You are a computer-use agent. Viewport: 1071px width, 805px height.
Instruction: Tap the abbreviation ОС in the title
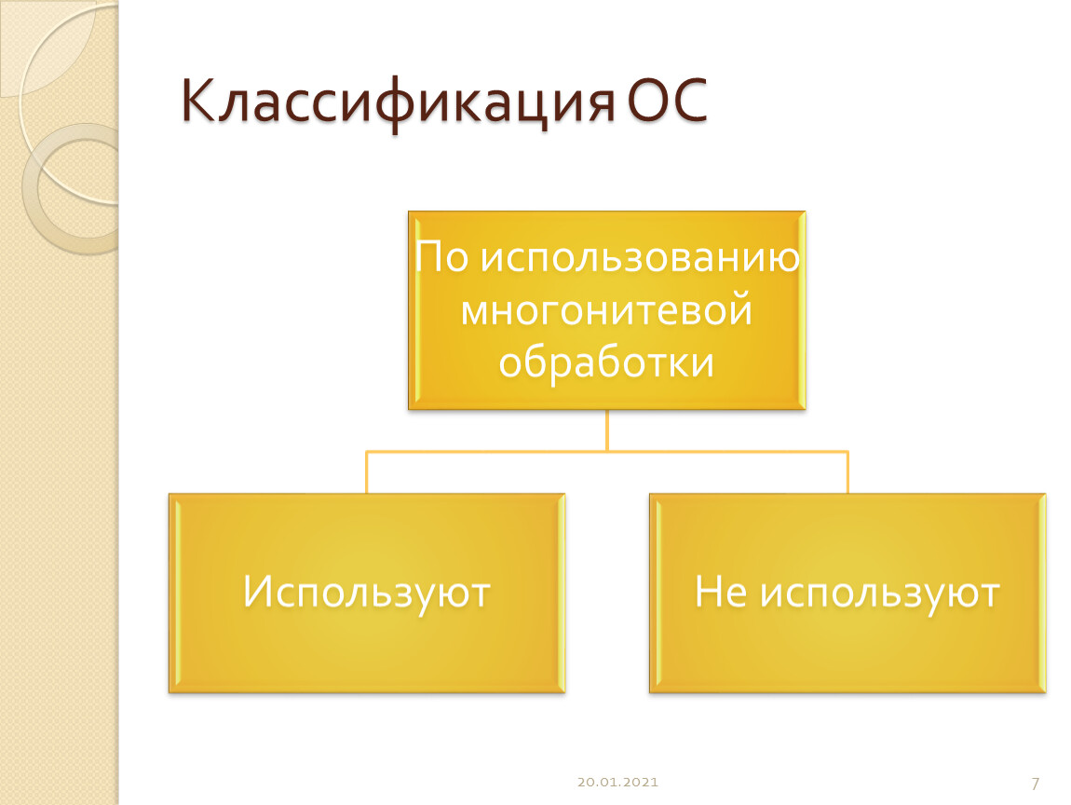point(667,101)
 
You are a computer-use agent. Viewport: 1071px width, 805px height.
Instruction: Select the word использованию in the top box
point(640,258)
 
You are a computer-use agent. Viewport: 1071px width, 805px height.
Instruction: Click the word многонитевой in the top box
point(606,309)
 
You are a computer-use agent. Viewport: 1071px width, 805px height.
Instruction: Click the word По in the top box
point(441,257)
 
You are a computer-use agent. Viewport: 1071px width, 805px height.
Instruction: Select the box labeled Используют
point(367,594)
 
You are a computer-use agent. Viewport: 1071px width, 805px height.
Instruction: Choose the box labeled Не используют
point(847,594)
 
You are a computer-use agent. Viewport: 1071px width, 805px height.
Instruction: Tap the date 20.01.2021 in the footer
point(617,782)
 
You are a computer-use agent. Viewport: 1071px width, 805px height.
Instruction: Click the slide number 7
point(1036,784)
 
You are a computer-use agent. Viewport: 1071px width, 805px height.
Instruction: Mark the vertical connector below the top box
point(606,430)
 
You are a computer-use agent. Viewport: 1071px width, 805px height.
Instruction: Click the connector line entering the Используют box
point(366,472)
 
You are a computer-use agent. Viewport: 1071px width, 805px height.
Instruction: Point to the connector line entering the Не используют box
point(847,472)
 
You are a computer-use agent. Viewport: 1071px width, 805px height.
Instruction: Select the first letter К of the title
point(202,101)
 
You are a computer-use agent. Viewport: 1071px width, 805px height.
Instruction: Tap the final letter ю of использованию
point(785,258)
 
